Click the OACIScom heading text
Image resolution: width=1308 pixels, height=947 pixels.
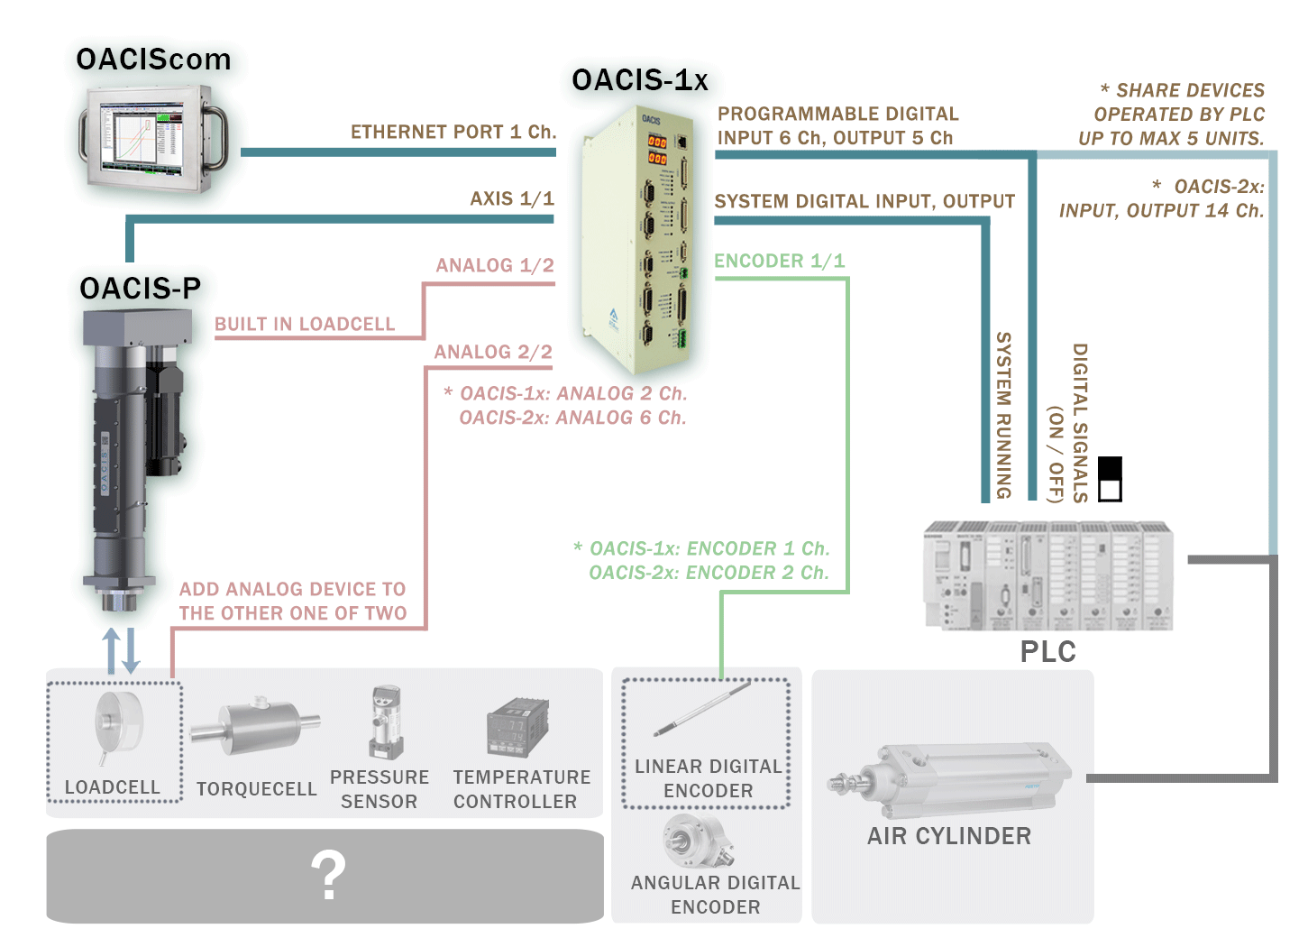153,60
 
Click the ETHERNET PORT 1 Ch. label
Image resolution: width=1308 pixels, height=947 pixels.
453,132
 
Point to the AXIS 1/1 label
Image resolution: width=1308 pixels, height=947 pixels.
511,198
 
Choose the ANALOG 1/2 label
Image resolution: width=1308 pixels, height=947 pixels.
494,265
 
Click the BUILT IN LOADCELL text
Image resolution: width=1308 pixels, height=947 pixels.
305,324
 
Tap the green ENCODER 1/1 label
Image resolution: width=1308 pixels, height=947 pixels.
779,261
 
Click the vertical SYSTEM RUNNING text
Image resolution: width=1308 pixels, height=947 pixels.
1003,415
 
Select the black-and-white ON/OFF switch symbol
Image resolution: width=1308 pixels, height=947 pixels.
1111,479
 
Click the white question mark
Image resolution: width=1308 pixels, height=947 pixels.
328,875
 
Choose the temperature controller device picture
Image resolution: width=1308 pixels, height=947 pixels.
517,727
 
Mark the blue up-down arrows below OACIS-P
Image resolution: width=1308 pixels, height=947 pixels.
121,650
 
